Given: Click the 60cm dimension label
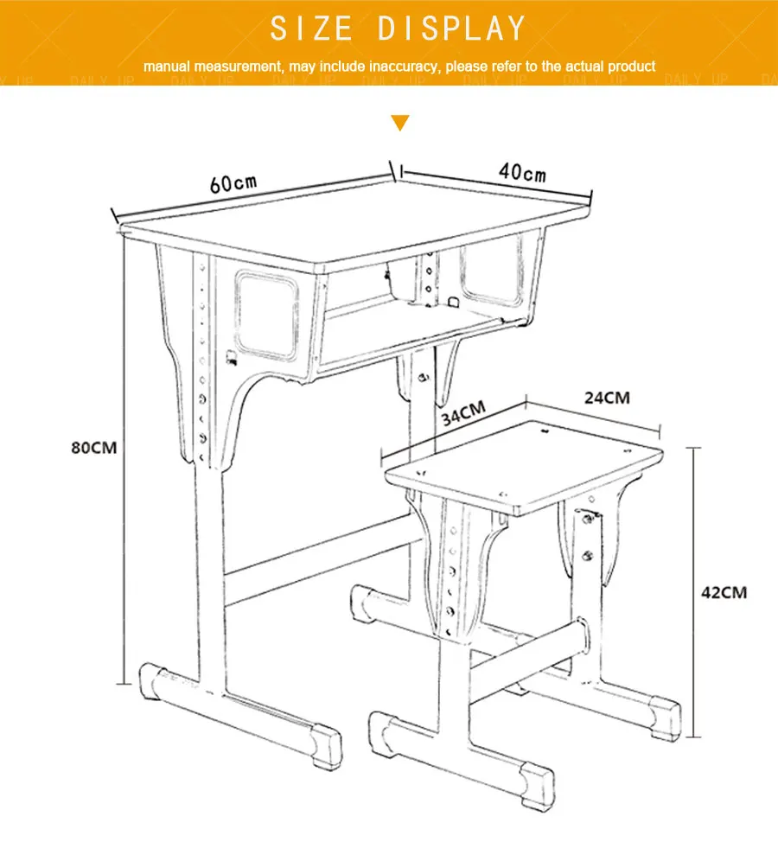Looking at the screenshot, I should pyautogui.click(x=233, y=184).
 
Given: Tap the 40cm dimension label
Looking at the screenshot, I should pyautogui.click(x=522, y=171).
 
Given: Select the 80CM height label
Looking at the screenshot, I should pyautogui.click(x=92, y=448).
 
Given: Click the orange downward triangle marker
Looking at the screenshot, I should pyautogui.click(x=399, y=123).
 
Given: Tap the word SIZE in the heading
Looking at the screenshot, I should pyautogui.click(x=311, y=29).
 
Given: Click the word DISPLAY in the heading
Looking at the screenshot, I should pyautogui.click(x=451, y=29).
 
